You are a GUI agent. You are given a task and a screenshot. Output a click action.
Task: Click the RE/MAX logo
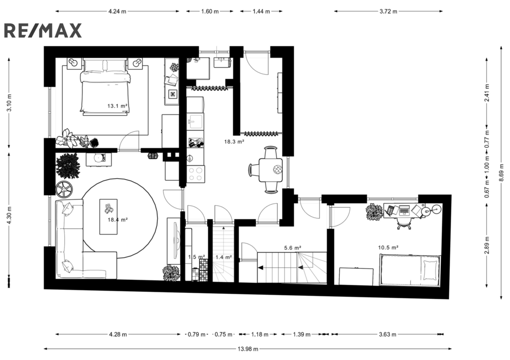pos(43,31)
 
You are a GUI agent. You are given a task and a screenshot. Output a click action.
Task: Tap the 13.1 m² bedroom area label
pos(117,106)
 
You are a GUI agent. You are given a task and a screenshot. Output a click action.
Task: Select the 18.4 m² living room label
pos(118,220)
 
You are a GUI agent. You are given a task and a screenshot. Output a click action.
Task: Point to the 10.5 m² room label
pos(388,247)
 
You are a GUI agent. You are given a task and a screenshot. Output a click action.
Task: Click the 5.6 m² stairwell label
pos(292,248)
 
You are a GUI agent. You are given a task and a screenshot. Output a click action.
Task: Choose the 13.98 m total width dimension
pos(248,349)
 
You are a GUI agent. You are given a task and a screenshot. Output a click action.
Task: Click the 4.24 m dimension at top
pos(118,11)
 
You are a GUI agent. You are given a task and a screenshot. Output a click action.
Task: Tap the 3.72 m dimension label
pos(388,11)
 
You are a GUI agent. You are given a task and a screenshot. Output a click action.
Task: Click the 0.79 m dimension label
pos(196,334)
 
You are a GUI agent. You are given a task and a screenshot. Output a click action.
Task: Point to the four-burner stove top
pos(195,173)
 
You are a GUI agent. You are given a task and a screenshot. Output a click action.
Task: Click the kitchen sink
pos(195,121)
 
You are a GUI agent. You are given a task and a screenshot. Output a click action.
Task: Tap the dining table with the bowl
pos(270,170)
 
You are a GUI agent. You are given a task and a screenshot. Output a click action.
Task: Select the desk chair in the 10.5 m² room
pos(404,223)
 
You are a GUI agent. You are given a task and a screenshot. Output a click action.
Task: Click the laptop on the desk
pos(404,210)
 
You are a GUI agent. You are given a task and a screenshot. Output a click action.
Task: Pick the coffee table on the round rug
pos(108,217)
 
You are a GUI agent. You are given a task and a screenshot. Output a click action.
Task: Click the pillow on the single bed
pos(431,269)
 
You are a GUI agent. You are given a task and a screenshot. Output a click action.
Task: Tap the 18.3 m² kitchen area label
pos(234,142)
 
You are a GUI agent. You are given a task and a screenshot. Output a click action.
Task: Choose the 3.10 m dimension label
pos(9,103)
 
